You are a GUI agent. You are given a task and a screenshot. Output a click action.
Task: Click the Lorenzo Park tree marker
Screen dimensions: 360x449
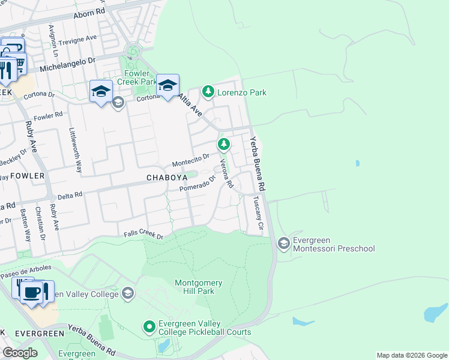208,92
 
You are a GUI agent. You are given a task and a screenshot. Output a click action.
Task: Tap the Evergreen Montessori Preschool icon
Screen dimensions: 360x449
283,243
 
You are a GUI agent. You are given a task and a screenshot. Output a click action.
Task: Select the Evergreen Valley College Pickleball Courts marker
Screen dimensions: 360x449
149,327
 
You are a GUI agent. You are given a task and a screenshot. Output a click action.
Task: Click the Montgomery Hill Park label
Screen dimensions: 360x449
198,287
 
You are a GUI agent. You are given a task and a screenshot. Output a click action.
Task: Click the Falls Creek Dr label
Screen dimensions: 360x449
143,236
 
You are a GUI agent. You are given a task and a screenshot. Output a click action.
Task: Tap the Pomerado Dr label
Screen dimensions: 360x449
197,187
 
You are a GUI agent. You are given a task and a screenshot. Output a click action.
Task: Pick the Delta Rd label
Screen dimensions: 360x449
69,195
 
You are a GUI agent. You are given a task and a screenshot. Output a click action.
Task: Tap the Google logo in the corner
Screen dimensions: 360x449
20,353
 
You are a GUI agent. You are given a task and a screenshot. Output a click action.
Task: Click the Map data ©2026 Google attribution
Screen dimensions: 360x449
411,355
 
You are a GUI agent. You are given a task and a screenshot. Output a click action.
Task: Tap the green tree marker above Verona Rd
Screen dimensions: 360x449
223,144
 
